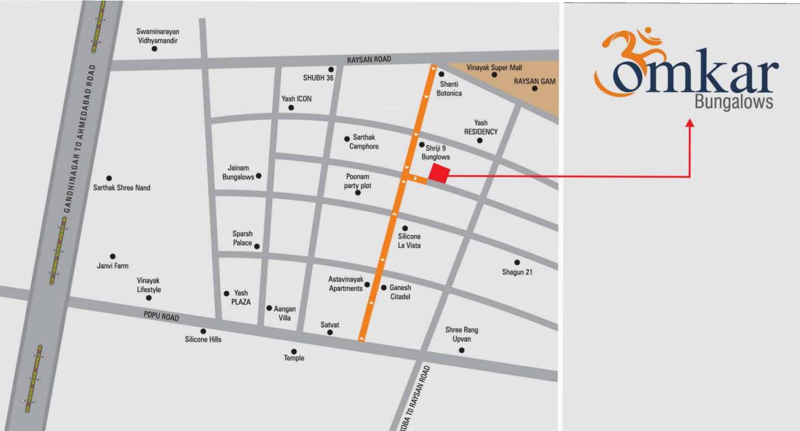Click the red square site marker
439,174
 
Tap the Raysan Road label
369,59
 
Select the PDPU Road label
160,316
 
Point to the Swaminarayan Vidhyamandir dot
154,49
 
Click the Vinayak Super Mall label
494,68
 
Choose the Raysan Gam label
535,80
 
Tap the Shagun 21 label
517,272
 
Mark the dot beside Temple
294,351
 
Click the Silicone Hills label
203,339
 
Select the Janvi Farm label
113,266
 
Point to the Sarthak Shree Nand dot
109,178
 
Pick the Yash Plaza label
241,297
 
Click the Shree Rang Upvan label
462,334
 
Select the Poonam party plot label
358,181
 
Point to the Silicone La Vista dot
405,228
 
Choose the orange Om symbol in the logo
626,60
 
